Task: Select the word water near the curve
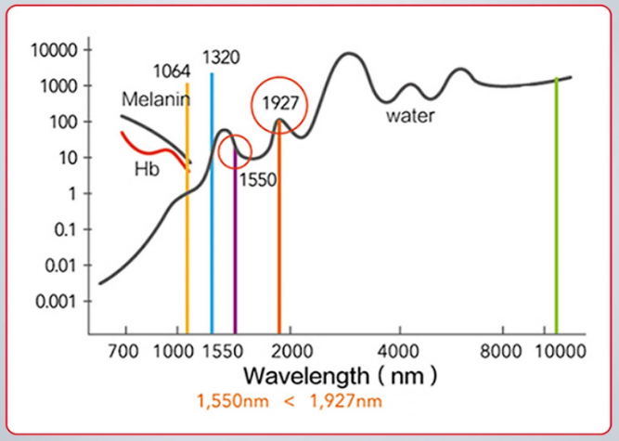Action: (410, 117)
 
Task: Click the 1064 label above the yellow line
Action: (173, 71)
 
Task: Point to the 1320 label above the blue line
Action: (221, 58)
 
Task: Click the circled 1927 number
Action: (278, 103)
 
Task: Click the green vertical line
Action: (556, 204)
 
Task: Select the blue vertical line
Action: (212, 204)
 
